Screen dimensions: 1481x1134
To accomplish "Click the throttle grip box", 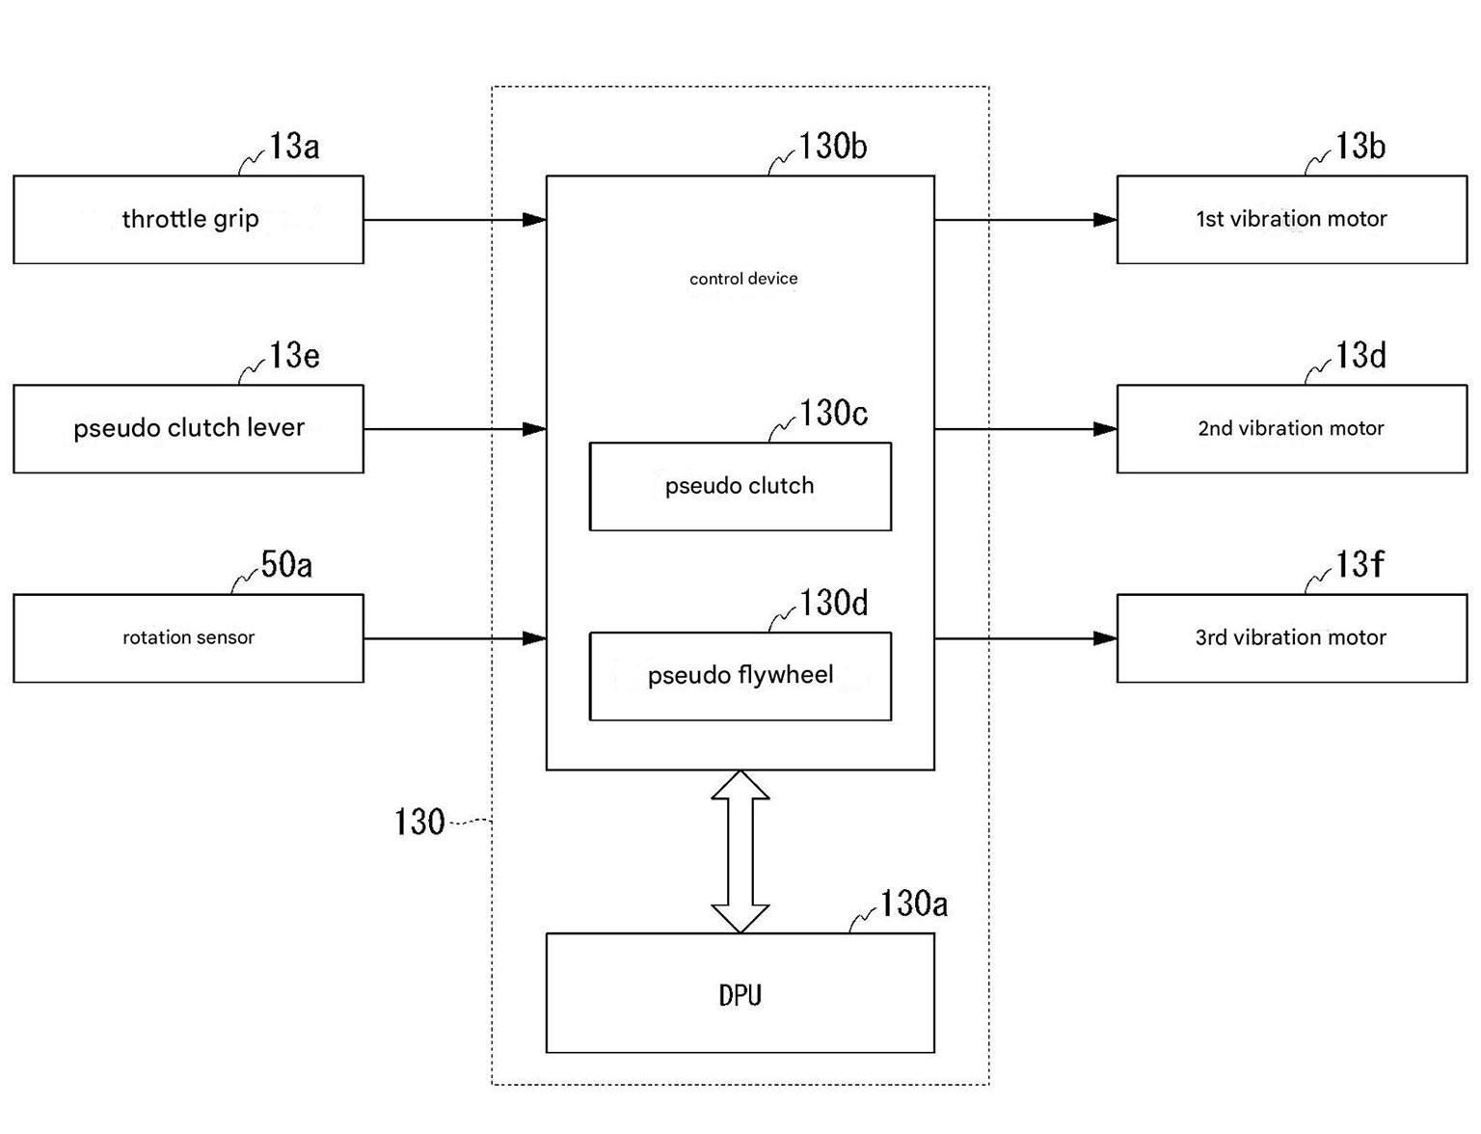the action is pos(188,220).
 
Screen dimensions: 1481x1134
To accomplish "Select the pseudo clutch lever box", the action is pos(188,429).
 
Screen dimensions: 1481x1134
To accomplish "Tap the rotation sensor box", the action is pos(188,638).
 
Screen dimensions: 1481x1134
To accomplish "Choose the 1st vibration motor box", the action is pos(1291,220).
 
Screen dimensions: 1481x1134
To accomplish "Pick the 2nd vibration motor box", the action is pos(1291,429).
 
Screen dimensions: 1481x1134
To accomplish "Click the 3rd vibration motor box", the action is pos(1291,638).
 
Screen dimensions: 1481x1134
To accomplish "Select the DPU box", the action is pos(740,992).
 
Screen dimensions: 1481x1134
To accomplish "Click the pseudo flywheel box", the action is pos(740,676).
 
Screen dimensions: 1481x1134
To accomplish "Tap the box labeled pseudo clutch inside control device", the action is pos(740,486).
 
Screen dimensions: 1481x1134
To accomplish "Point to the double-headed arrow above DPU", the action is pos(740,851).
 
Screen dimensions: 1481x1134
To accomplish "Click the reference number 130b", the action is pos(832,146).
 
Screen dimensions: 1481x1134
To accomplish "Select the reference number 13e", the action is pos(294,355).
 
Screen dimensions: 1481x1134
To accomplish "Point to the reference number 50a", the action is pos(286,564).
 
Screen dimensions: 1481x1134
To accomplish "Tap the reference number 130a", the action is pos(913,903).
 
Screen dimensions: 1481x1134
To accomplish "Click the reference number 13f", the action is pos(1359,564).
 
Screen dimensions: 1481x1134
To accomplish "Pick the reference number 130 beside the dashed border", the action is pos(419,822).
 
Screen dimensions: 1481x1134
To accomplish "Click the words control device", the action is pos(742,278).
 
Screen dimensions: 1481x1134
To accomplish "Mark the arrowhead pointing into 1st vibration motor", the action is pos(1105,220).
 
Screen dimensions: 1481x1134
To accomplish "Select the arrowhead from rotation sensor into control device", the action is pos(534,638).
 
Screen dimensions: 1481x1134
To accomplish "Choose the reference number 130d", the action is pos(833,603).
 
